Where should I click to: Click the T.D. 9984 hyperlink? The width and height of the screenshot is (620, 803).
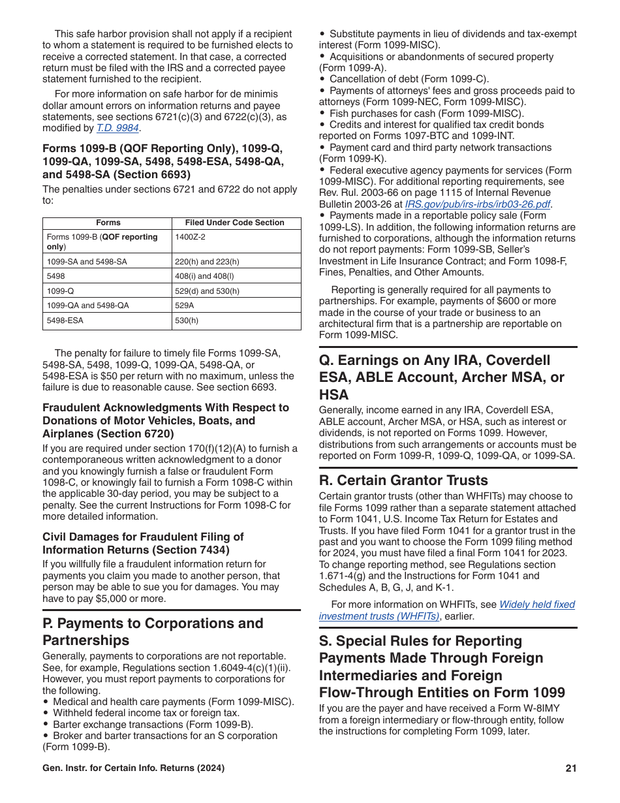[117, 128]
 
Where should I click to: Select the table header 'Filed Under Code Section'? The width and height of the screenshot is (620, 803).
[235, 223]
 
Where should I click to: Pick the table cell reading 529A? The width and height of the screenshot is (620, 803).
[183, 305]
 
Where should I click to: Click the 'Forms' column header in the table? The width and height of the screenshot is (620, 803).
[108, 223]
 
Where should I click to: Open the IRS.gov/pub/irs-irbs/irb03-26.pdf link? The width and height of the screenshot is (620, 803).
[478, 204]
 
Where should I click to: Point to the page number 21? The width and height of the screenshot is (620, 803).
[571, 768]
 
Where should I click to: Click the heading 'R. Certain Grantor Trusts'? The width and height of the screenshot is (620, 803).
[403, 480]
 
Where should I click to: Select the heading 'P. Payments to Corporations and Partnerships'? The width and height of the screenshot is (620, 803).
[153, 631]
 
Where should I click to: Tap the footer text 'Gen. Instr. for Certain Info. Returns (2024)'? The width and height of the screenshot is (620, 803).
[133, 768]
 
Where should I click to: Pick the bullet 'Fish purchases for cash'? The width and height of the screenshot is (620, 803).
[418, 113]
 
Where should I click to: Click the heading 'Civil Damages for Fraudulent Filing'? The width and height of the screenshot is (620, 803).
[143, 543]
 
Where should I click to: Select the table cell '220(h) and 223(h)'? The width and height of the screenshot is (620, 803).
[207, 262]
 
